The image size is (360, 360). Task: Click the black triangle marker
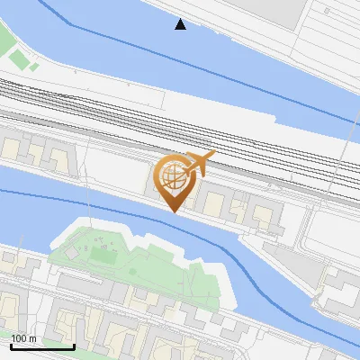tap(181, 24)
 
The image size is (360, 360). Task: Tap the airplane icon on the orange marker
tap(199, 163)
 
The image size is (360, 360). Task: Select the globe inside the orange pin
tap(175, 177)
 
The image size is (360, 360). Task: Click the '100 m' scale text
tap(23, 338)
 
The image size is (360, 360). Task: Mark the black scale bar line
tap(42, 346)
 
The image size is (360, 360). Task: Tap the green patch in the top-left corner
tap(18, 59)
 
